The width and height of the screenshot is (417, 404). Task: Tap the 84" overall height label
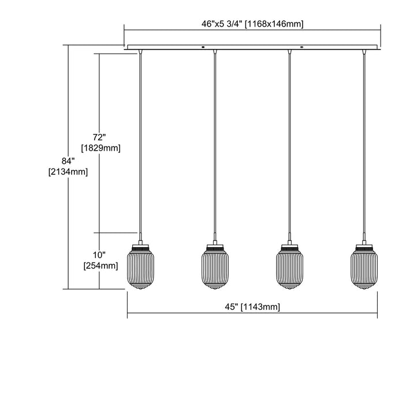pos(68,161)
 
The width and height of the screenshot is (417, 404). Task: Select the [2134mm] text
pos(68,172)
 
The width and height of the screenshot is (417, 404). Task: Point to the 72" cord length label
pos(99,137)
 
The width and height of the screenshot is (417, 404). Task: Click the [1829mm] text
pos(101,148)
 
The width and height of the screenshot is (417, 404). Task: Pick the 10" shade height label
pos(99,255)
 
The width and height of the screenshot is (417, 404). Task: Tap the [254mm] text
pos(101,266)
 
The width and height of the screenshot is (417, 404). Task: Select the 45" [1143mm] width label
pos(252,307)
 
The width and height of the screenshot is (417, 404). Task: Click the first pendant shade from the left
pos(140,267)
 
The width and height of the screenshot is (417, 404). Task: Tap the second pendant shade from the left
pos(215,267)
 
